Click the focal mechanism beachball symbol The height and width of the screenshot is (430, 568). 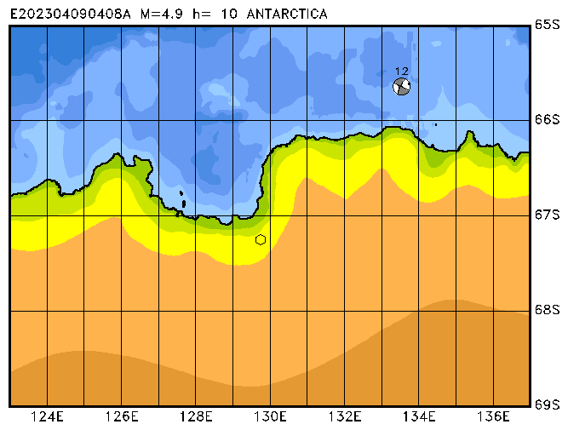pos(401,86)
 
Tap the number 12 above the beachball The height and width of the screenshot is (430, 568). pos(402,72)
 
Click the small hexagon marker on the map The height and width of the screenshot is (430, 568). pos(261,239)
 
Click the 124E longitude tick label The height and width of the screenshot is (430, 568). pos(48,416)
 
